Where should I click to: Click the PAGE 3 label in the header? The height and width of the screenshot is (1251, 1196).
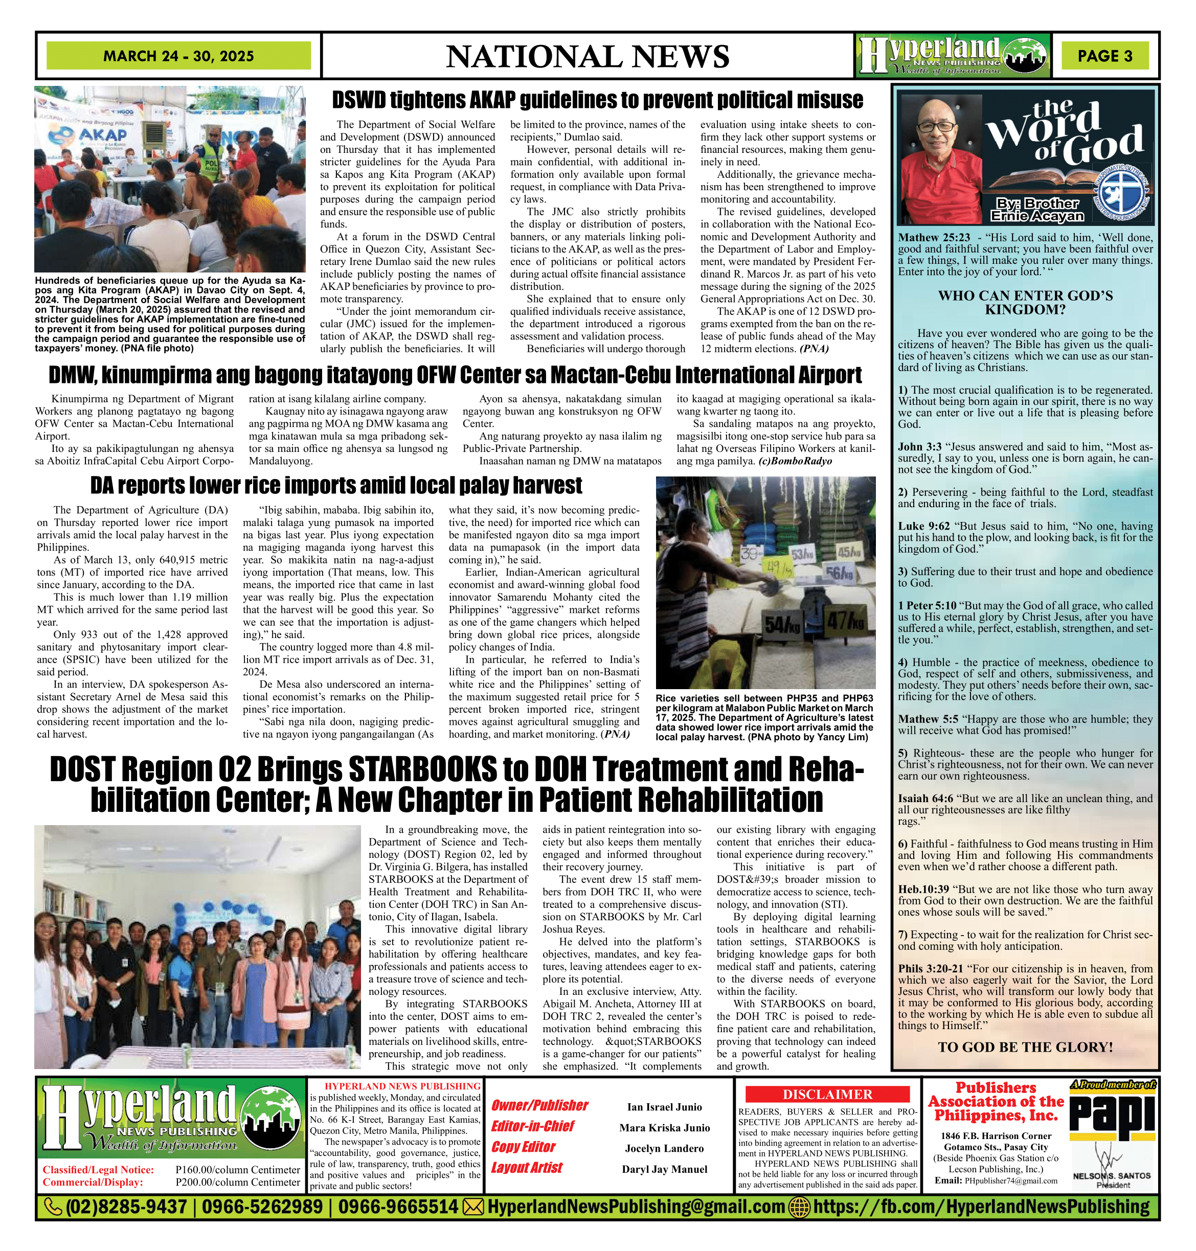pos(1105,56)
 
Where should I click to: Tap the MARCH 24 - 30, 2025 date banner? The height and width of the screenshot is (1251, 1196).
pos(178,56)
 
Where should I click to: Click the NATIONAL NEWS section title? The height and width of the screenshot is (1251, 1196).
pos(587,57)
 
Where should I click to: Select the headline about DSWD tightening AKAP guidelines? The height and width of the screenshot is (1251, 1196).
pos(597,100)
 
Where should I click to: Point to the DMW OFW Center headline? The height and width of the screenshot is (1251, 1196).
pos(455,375)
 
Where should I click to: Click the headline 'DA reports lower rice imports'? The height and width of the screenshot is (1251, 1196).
pos(336,486)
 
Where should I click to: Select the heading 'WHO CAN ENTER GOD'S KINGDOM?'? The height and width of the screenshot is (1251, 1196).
pos(1025,303)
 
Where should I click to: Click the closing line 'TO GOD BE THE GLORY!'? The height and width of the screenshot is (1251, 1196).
pos(1025,1047)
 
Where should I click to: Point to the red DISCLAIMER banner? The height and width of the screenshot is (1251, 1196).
pos(827,1094)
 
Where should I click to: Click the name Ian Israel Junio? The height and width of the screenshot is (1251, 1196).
pos(664,1107)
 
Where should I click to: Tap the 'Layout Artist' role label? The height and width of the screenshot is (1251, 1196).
pos(527,1168)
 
